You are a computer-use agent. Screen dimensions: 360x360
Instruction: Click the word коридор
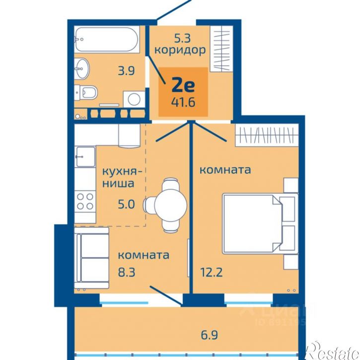(179, 50)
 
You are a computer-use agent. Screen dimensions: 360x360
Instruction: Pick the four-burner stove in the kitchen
(85, 201)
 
